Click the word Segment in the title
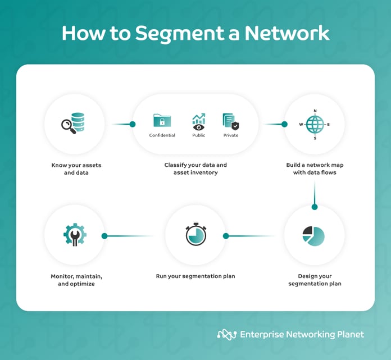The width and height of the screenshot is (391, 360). (174, 33)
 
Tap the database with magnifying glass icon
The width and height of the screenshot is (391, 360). (73, 124)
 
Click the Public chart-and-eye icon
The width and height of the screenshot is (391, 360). (199, 121)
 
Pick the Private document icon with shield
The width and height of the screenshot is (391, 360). (230, 121)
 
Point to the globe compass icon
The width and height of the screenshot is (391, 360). (315, 124)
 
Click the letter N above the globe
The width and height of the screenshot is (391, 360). (315, 111)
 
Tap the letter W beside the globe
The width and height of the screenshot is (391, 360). (301, 124)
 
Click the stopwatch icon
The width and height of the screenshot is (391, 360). (195, 235)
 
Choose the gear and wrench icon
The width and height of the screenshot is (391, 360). (74, 235)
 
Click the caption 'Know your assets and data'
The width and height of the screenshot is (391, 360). (76, 169)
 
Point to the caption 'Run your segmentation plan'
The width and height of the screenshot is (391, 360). (195, 276)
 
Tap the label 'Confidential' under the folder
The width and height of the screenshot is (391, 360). (162, 135)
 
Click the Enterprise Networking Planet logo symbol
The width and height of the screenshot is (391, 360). (226, 334)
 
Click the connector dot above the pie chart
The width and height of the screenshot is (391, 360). (315, 207)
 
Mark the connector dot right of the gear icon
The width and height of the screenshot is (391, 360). (104, 236)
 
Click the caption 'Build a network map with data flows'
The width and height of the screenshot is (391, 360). (315, 169)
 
